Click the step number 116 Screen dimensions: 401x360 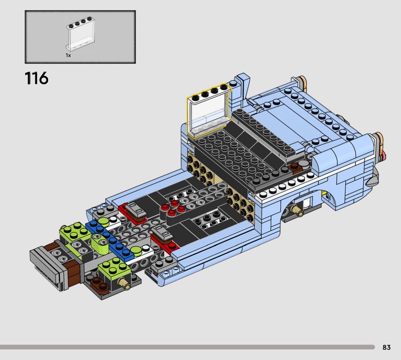click(x=37, y=78)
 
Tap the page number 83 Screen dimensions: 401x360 click(x=386, y=347)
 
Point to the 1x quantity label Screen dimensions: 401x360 click(x=68, y=55)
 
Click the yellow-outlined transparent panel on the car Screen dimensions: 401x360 click(x=209, y=110)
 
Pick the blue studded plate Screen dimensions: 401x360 click(x=110, y=241)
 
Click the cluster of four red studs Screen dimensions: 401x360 click(x=173, y=208)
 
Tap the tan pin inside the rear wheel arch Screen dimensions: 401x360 click(x=298, y=210)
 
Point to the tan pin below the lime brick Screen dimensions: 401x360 click(x=124, y=283)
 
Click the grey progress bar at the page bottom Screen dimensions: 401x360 click(x=187, y=347)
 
